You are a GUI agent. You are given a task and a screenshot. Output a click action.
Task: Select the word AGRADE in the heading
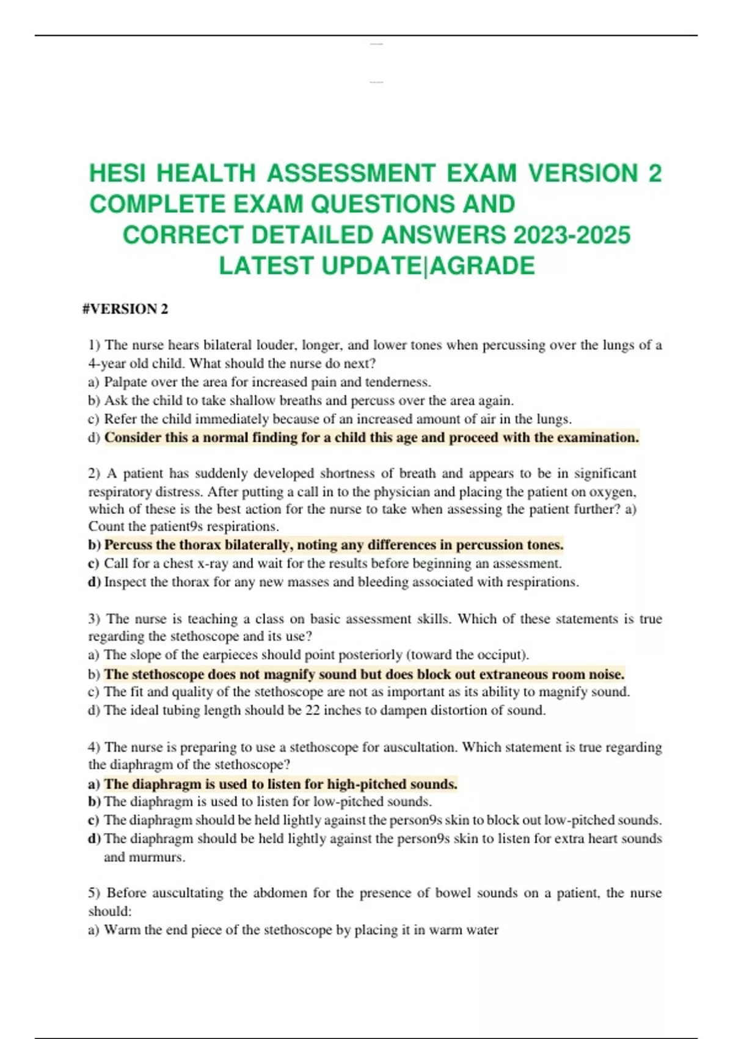[x=482, y=266]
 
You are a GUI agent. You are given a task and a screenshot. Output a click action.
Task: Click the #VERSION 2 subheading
[x=125, y=309]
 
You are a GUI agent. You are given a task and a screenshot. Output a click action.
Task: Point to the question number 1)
[x=94, y=345]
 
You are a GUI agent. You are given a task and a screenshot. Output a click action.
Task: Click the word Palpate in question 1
[x=125, y=383]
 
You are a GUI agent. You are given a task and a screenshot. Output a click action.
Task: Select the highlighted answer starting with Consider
[x=371, y=438]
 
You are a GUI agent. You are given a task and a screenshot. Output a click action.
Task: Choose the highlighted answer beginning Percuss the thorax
[x=334, y=545]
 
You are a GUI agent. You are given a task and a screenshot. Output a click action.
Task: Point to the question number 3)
[x=94, y=619]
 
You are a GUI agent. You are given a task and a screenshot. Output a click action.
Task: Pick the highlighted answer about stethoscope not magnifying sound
[x=364, y=674]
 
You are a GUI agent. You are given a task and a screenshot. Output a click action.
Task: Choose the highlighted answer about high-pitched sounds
[x=280, y=784]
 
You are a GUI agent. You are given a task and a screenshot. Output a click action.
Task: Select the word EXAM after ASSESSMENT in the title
[x=481, y=174]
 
